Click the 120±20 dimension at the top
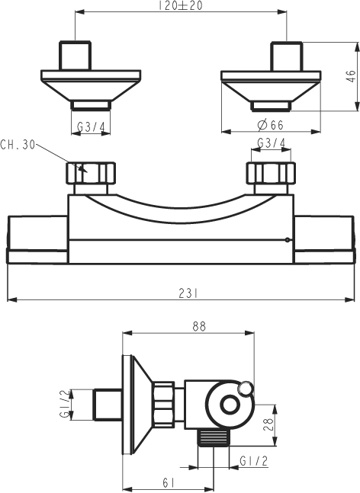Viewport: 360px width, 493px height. (x=180, y=5)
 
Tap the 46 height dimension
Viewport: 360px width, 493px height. (x=351, y=76)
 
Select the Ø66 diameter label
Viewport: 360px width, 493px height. (x=270, y=125)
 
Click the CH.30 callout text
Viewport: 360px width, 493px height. (x=18, y=145)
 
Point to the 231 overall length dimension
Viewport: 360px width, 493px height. (x=188, y=294)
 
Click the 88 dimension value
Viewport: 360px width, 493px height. (x=198, y=326)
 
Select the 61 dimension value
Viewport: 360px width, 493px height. (x=169, y=482)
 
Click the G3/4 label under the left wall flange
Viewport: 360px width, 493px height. (x=91, y=127)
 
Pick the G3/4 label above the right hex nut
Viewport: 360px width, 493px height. (x=272, y=143)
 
